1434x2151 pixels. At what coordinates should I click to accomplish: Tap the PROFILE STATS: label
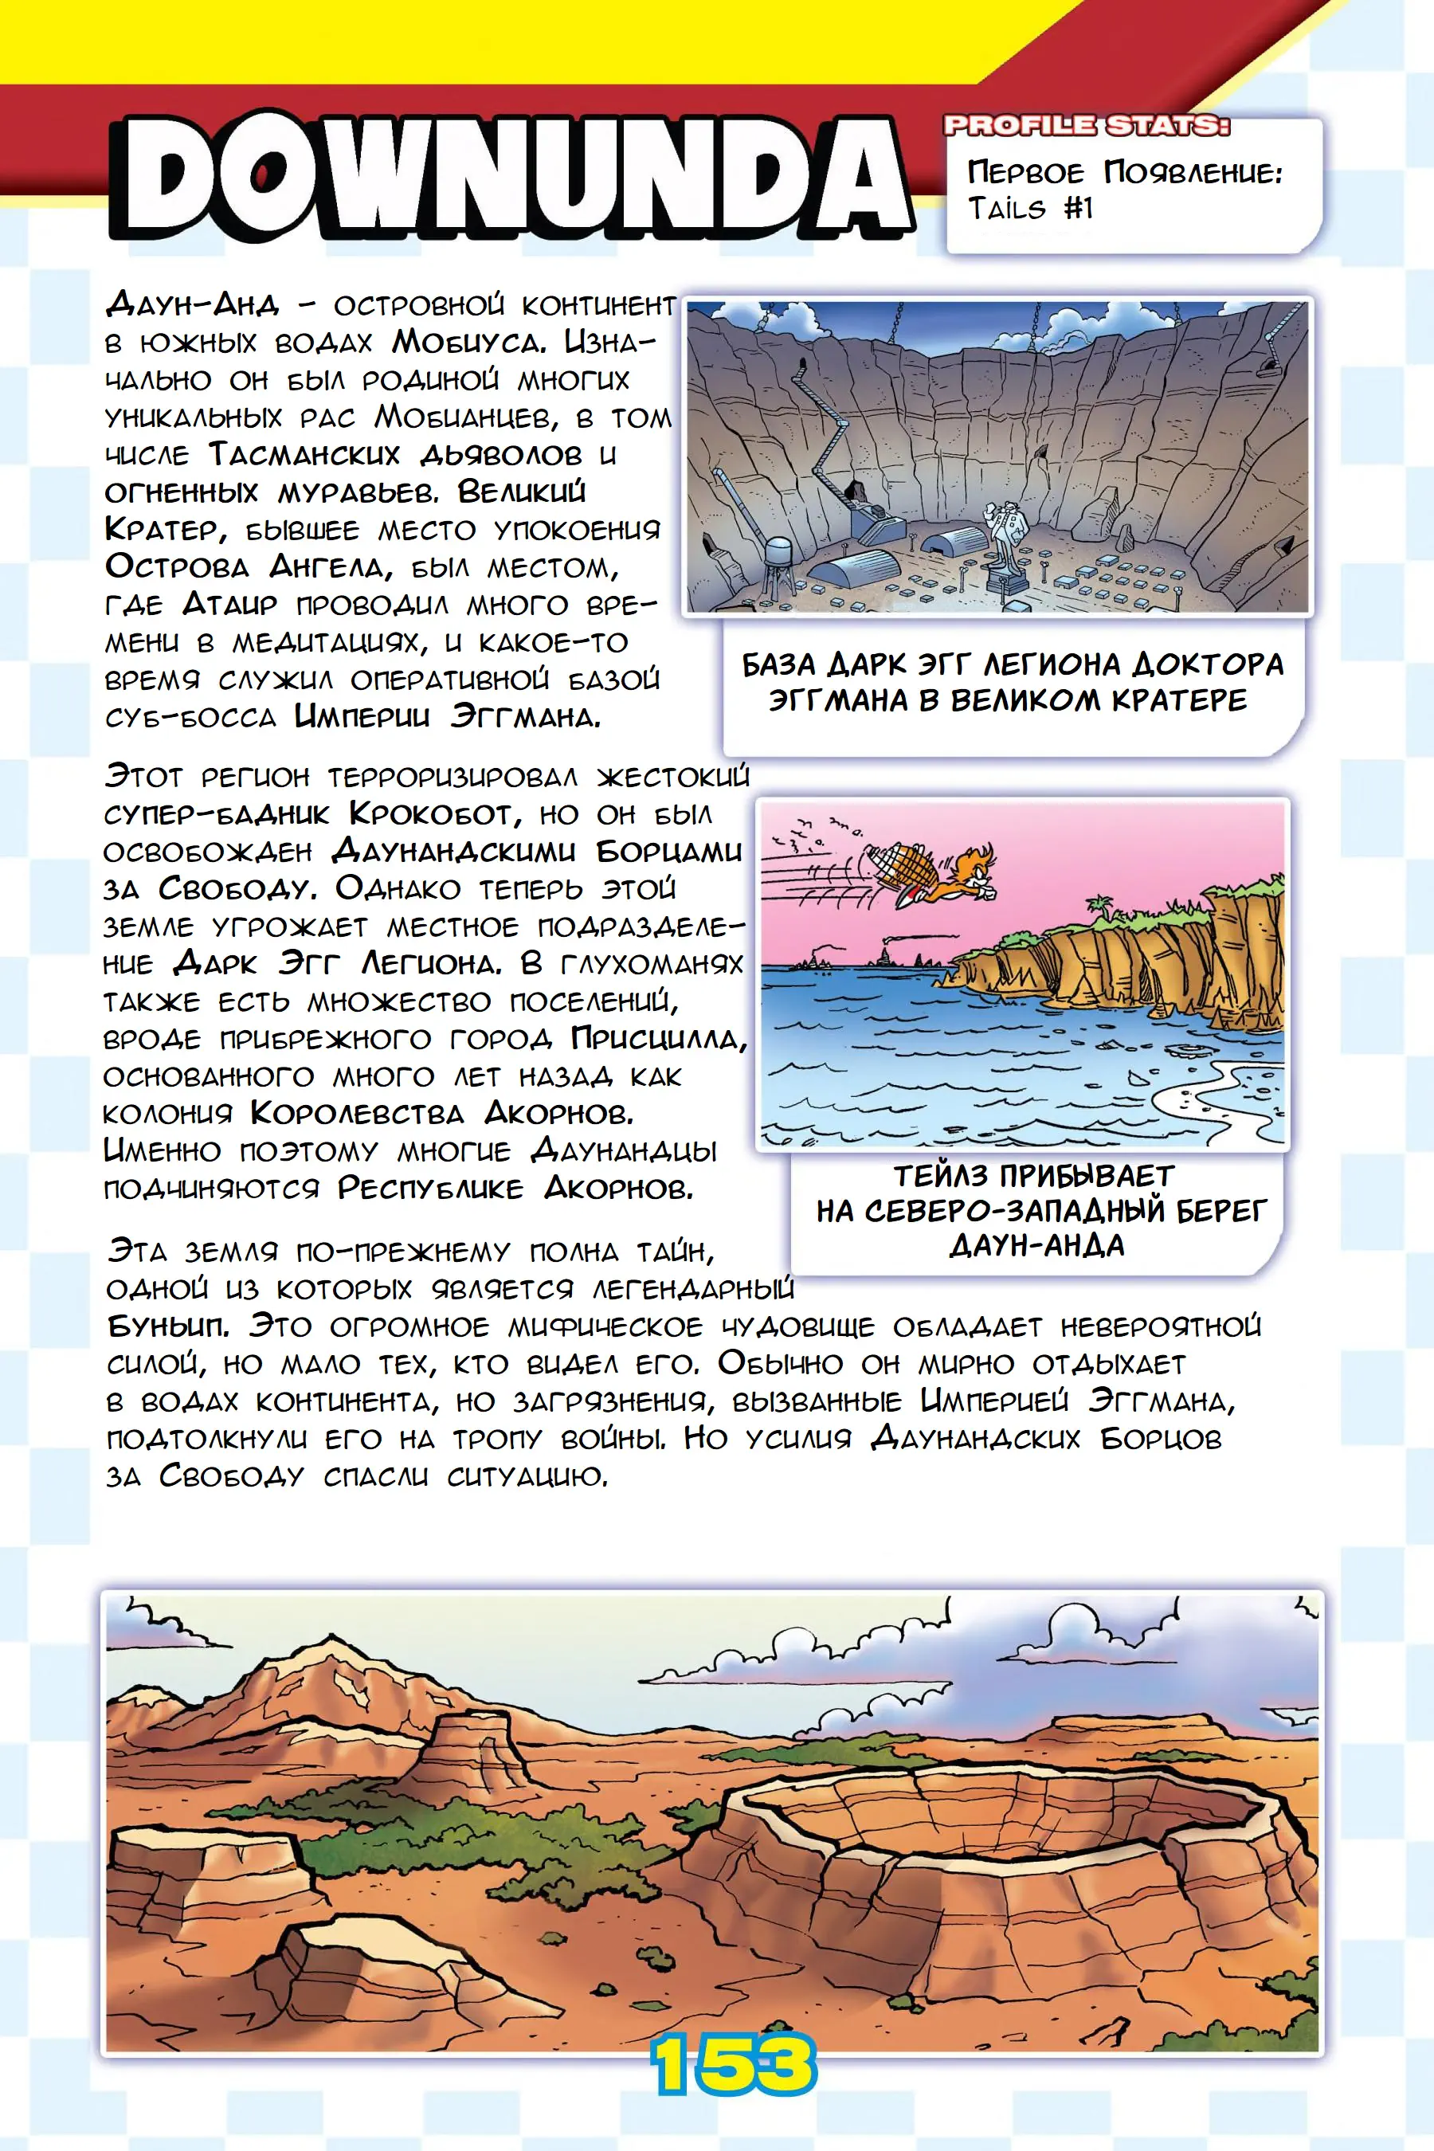tap(1087, 125)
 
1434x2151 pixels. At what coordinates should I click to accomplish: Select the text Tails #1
tap(1031, 210)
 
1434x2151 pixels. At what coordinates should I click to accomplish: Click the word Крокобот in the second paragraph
tap(431, 813)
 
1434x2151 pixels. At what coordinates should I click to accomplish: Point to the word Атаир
tap(229, 605)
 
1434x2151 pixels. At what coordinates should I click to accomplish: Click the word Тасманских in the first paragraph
tap(304, 455)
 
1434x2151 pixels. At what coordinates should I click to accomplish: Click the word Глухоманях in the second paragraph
tap(651, 963)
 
